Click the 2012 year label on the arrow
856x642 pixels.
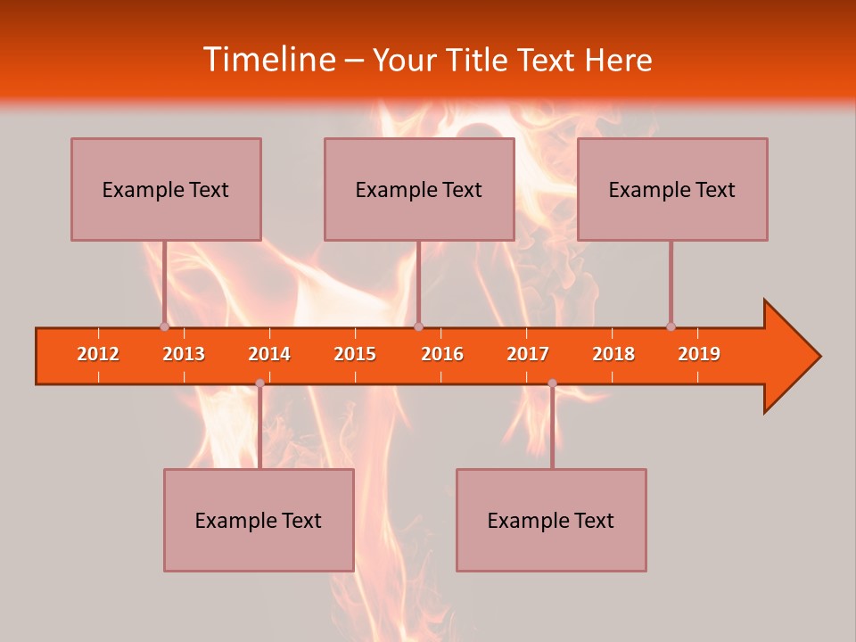pyautogui.click(x=98, y=354)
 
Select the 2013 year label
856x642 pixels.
pyautogui.click(x=184, y=354)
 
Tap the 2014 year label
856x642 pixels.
pyautogui.click(x=269, y=354)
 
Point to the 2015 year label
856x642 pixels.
pyautogui.click(x=355, y=354)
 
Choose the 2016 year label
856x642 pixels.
pyautogui.click(x=442, y=354)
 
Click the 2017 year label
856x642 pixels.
pyautogui.click(x=528, y=354)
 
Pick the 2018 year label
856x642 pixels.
pyautogui.click(x=613, y=354)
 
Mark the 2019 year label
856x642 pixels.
pyautogui.click(x=699, y=354)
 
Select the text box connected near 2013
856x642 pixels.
pyautogui.click(x=166, y=189)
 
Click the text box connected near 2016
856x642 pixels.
pyautogui.click(x=419, y=189)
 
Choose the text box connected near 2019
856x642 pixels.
pyautogui.click(x=672, y=189)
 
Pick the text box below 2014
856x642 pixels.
pyautogui.click(x=259, y=520)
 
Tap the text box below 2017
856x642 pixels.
pyautogui.click(x=551, y=520)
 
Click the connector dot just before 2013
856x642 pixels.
pyautogui.click(x=164, y=326)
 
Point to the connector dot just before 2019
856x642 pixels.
pyautogui.click(x=671, y=326)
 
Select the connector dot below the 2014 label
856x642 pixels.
pyautogui.click(x=259, y=383)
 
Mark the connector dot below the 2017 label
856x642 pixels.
pyautogui.click(x=552, y=383)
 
